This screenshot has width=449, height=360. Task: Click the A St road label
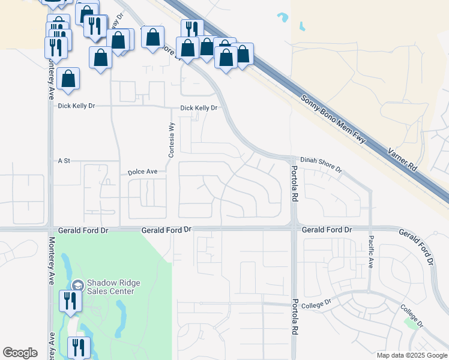click(64, 161)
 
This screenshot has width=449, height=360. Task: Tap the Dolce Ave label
click(142, 172)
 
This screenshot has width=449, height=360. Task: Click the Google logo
click(20, 353)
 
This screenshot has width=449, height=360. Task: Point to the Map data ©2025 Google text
click(411, 355)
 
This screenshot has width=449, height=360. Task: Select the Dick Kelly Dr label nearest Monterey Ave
click(77, 106)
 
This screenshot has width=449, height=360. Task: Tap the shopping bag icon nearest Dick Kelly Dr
click(69, 79)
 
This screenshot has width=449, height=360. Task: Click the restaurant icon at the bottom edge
click(79, 347)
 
